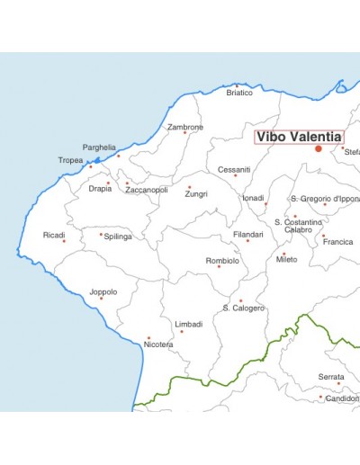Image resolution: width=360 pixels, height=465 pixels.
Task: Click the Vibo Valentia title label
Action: coord(299,137)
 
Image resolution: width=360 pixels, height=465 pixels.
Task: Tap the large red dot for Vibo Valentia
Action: coord(319,149)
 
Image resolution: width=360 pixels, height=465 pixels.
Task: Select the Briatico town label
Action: coord(239,93)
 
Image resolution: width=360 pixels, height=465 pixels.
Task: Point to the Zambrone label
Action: coord(185,127)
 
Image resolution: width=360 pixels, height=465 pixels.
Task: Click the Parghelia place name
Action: coord(99,147)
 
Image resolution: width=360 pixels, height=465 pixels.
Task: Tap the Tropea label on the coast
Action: coord(71,160)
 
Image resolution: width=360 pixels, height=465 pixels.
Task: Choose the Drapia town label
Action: coord(101,189)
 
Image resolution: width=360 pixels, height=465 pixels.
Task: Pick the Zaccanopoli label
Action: coord(146,190)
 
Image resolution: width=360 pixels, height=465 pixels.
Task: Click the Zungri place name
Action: coord(196,193)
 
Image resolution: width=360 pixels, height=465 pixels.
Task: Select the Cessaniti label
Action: coord(234,169)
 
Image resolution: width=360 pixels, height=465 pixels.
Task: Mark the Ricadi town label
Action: coord(54,235)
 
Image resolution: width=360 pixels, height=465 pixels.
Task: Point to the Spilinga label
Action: coord(118,237)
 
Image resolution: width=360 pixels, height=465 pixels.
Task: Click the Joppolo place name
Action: coord(103,291)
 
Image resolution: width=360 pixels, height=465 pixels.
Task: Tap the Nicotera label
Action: coord(158,344)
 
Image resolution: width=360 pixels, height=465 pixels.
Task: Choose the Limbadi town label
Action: coord(189,324)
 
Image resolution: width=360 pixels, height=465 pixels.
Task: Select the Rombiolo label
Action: coord(222,260)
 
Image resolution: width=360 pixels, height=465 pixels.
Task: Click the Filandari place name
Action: coord(247,234)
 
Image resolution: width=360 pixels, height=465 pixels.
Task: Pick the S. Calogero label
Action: coord(244,308)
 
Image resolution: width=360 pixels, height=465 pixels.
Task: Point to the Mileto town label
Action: coord(287,259)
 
